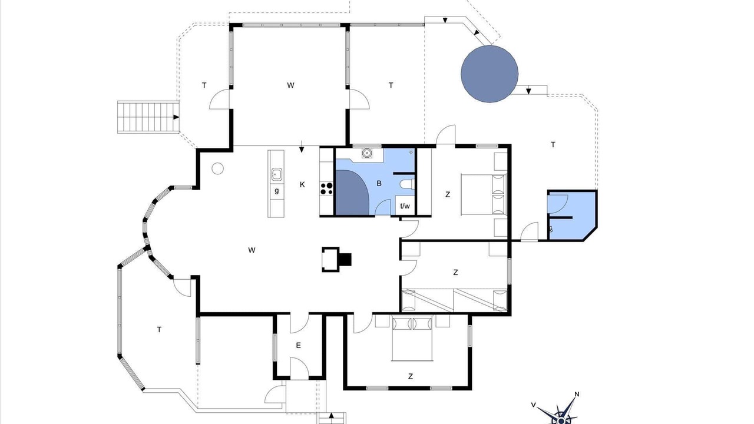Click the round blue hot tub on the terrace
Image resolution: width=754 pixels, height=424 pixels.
490,74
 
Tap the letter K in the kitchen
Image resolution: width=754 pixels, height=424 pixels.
302,184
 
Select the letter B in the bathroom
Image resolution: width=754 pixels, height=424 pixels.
379,183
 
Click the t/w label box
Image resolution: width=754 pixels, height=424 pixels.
405,206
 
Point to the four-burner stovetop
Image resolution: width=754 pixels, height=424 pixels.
326,188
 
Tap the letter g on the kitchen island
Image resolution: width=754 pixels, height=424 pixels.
277,191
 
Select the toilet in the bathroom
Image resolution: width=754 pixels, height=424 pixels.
407,184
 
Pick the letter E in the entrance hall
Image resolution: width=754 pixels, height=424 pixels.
298,345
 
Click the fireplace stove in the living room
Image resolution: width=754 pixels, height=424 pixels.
336,260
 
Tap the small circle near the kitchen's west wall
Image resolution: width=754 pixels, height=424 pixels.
218,168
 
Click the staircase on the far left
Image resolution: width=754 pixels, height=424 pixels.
148,117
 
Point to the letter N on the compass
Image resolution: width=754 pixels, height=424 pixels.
577,394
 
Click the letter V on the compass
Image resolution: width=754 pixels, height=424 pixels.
534,405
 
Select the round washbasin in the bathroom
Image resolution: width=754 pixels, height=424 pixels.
366,153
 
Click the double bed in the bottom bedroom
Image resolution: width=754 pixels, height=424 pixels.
412,338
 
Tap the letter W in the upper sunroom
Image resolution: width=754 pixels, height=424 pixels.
290,85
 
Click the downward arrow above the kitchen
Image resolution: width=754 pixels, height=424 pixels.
302,147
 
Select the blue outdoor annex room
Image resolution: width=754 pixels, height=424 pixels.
572,216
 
